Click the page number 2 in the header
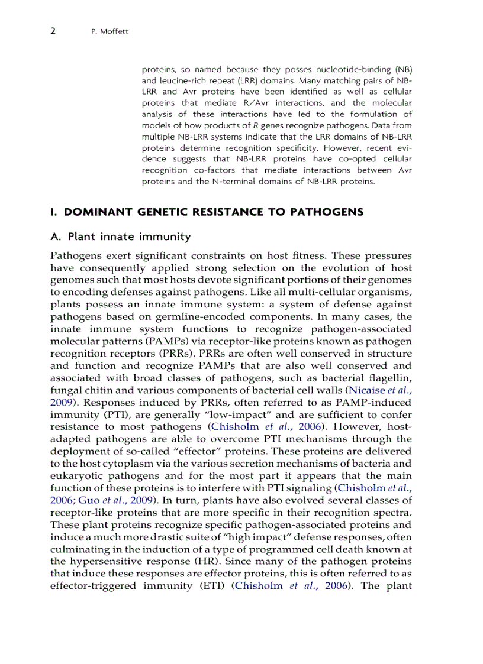pyautogui.click(x=53, y=31)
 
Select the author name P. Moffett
pyautogui.click(x=107, y=31)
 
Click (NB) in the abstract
pyautogui.click(x=401, y=69)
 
